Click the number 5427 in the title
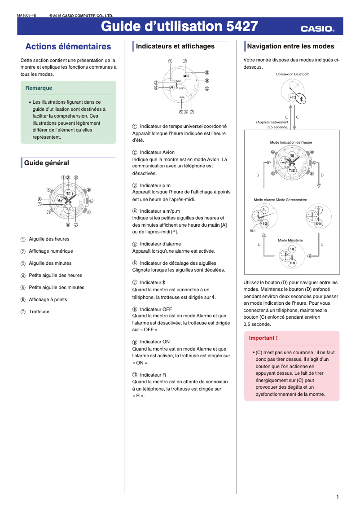point(242,27)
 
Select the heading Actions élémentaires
point(68,47)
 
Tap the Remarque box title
point(39,88)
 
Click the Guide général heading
point(47,163)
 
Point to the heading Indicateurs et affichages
point(175,46)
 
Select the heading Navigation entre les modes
point(290,46)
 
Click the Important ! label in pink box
point(263,338)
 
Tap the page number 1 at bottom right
point(337,497)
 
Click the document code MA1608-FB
point(26,16)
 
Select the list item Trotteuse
point(39,312)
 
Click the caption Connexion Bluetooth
point(293,74)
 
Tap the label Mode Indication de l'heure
point(291,142)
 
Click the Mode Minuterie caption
point(290,240)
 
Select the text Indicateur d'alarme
point(160,244)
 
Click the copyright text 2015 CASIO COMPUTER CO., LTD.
point(81,16)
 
